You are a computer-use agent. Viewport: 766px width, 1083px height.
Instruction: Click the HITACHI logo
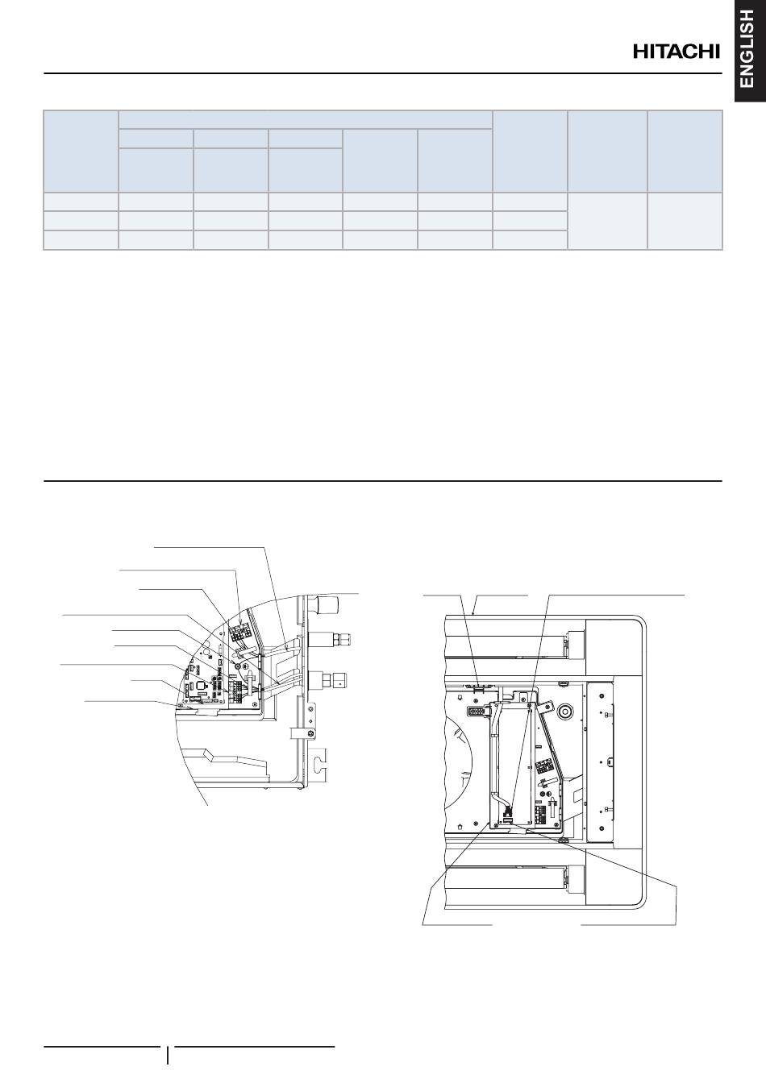click(x=676, y=52)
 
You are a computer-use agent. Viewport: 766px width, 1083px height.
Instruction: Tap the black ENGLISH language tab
click(x=750, y=51)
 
